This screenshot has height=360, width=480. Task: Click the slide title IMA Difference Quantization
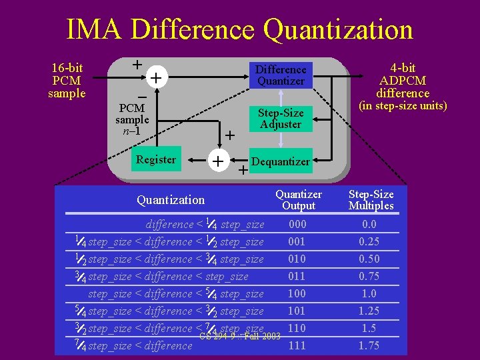(x=239, y=30)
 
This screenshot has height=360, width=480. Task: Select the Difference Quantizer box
(x=281, y=75)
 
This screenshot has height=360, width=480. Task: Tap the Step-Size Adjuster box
(x=281, y=118)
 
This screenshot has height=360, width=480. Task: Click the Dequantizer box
(x=280, y=161)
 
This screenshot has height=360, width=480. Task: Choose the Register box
(x=155, y=159)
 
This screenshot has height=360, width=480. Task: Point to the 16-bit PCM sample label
(x=67, y=80)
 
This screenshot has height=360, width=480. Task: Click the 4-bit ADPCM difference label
(x=403, y=80)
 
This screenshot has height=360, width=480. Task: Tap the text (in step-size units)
(x=403, y=105)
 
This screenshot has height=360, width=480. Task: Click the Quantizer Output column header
(x=299, y=199)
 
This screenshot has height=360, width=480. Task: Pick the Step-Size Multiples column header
(x=371, y=199)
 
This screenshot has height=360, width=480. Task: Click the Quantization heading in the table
(x=171, y=199)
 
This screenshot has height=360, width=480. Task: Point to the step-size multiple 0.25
(x=369, y=242)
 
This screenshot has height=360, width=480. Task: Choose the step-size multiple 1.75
(x=369, y=345)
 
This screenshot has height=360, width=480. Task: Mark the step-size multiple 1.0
(x=369, y=294)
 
